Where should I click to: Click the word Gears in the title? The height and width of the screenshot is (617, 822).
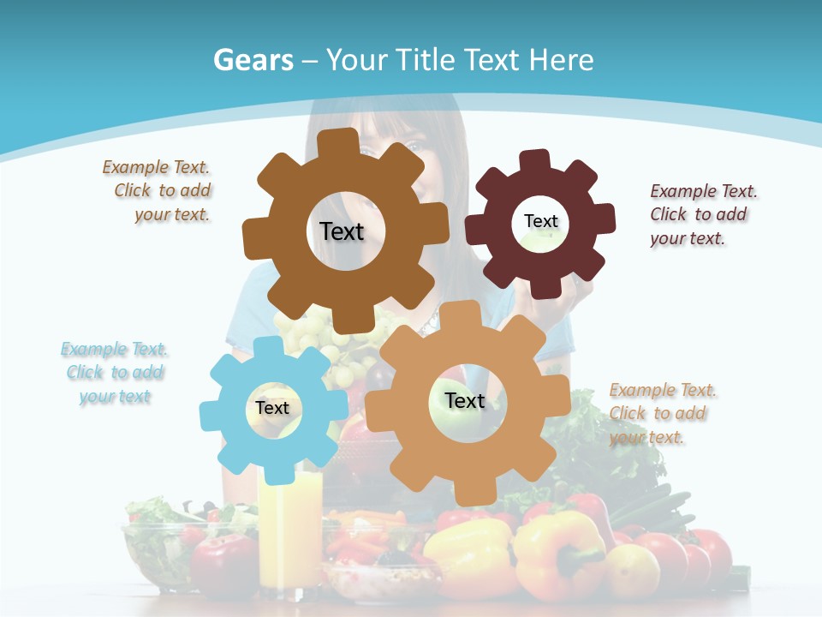point(253,60)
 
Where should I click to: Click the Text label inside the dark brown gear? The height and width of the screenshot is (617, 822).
point(342,231)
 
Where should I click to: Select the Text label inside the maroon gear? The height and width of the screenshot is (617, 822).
point(540,221)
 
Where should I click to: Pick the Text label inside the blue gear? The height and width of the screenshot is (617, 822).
point(272,409)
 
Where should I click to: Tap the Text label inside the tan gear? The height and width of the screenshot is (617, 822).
point(465,400)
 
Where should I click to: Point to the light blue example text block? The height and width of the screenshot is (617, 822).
point(115,373)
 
